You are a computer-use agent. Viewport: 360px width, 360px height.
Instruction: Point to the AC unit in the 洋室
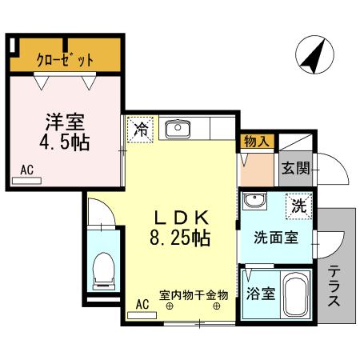tap(27, 181)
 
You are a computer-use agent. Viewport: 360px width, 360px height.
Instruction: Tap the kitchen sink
tap(175, 127)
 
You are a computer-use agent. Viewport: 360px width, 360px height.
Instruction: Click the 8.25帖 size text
tap(182, 238)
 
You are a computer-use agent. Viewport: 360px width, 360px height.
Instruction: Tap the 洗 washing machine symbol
tap(299, 205)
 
